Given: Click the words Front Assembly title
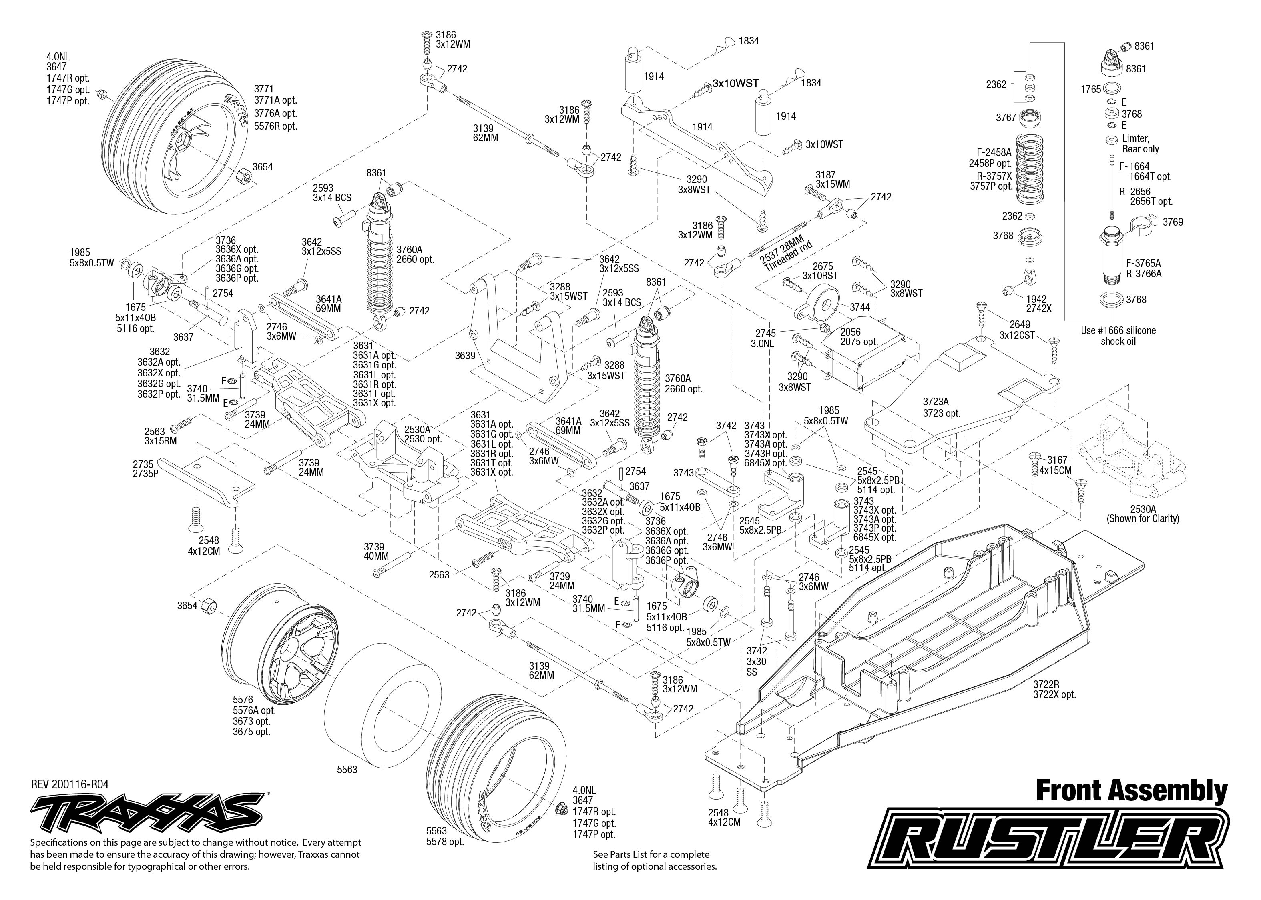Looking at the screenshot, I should [1131, 791].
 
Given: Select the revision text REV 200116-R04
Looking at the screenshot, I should [70, 784].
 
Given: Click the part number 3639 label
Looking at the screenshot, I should [465, 356].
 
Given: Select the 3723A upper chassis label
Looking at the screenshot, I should [941, 407].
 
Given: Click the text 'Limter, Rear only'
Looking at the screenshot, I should [1140, 144].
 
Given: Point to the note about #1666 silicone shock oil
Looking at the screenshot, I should [1118, 336].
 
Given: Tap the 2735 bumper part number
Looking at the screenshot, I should [145, 469].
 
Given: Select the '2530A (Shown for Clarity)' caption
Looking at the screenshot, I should [1143, 514].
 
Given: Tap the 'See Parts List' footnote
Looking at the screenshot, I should [655, 860].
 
